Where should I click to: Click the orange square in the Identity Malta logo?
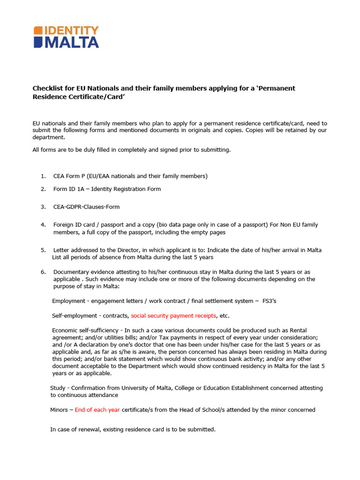pos(37,30)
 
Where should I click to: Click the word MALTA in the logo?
pos(71,42)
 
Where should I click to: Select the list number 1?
pos(43,176)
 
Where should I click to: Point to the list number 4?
pos(43,225)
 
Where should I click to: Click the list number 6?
pos(43,272)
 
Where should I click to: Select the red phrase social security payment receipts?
pos(173,316)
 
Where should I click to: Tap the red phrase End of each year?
pos(97,410)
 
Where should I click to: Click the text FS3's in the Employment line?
pos(269,301)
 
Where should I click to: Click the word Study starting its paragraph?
pos(58,388)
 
